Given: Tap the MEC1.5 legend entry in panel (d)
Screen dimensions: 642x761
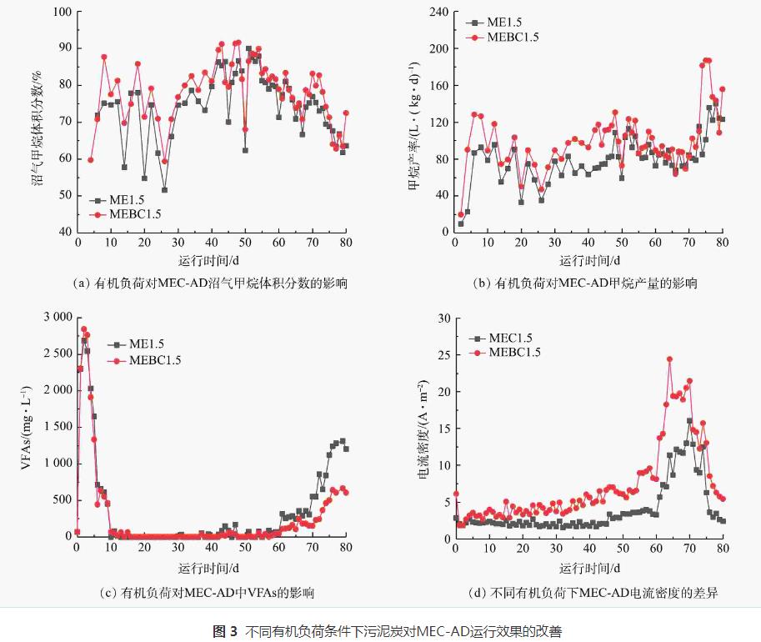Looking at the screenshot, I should (509, 339).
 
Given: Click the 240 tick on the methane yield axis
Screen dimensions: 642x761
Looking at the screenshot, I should (438, 12).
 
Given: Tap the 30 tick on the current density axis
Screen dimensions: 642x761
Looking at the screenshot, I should (442, 318).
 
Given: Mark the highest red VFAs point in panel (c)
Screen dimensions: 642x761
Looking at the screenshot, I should (83, 329).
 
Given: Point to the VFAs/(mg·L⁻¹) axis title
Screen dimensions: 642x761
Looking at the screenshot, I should (25, 427).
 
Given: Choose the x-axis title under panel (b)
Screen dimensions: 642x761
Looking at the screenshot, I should (588, 259).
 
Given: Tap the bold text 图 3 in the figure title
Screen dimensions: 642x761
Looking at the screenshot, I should (225, 630).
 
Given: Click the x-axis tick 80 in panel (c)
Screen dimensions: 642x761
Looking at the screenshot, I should (346, 549).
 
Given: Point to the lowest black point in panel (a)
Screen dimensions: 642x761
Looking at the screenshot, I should (164, 190).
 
